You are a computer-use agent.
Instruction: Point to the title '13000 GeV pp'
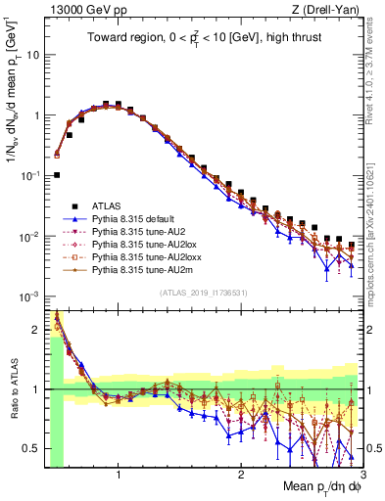76,9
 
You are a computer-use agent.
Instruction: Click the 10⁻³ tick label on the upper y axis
27,296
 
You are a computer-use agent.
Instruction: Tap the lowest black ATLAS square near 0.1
57,175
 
